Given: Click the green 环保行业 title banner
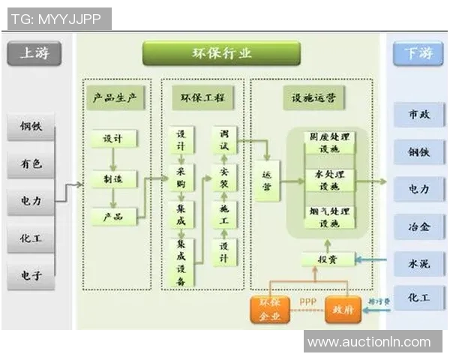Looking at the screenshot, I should [x=221, y=53].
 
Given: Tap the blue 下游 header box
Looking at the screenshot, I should [x=418, y=54].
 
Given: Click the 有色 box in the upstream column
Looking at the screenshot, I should [x=31, y=163].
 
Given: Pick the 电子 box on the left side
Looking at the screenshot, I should [x=31, y=275].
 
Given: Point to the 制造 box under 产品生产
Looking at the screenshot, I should [x=113, y=178].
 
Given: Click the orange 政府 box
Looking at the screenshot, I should [x=343, y=310].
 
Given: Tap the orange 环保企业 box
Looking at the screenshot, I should [x=270, y=310].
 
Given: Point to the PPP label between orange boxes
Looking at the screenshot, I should [x=307, y=302].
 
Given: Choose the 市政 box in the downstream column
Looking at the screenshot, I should [x=418, y=115].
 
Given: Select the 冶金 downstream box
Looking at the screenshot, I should [x=418, y=225].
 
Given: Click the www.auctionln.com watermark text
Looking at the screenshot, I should [x=370, y=342].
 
